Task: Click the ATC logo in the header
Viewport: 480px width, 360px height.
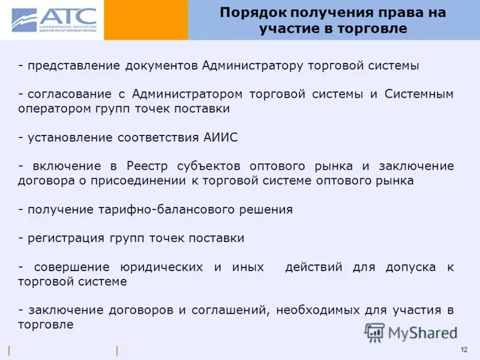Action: [53, 20]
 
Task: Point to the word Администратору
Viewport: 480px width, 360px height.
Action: [253, 66]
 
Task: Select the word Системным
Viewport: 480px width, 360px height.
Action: [419, 94]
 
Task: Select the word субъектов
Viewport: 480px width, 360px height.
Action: [206, 166]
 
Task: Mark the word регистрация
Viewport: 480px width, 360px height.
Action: [67, 238]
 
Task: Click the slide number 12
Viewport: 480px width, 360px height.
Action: [464, 350]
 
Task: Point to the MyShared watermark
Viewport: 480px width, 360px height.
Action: [411, 332]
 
